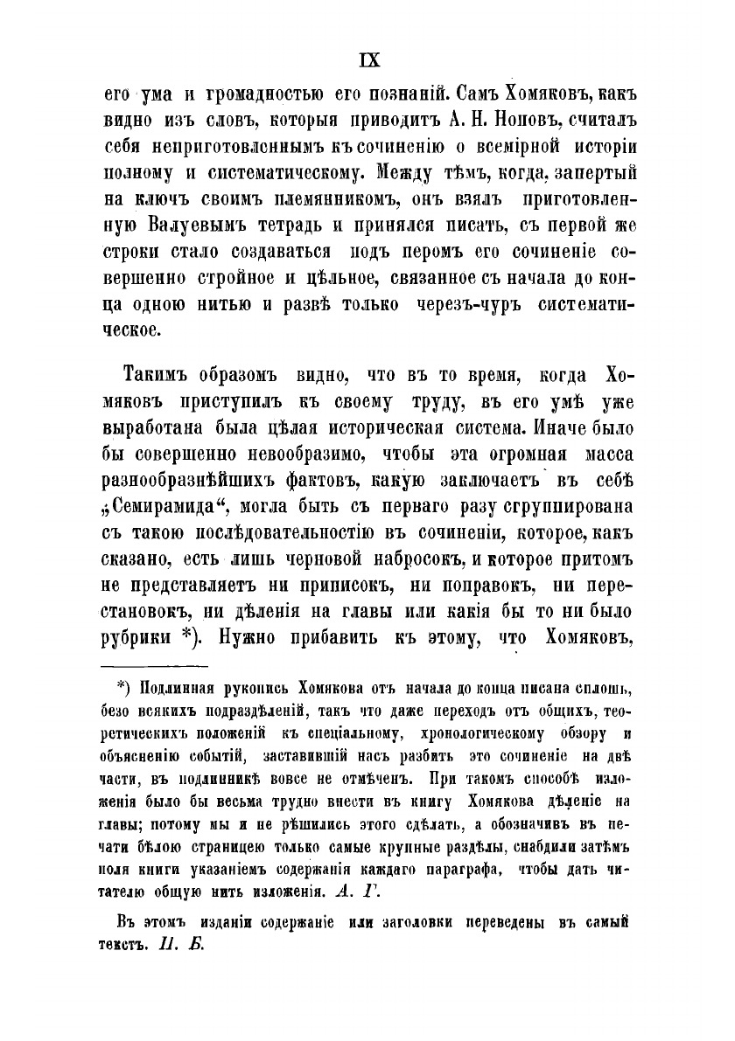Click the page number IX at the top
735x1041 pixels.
(367, 59)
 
